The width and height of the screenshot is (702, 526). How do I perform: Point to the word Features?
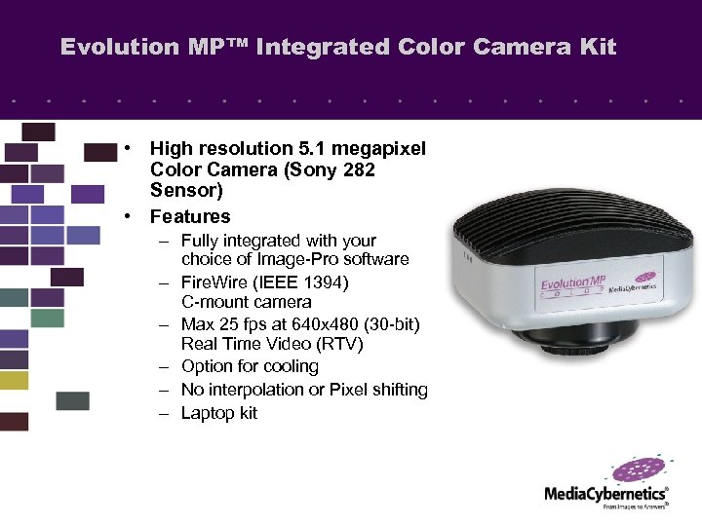(190, 216)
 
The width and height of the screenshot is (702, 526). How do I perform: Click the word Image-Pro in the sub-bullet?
(292, 259)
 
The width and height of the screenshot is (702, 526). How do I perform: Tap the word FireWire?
(215, 282)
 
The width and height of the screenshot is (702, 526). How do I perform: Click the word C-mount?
(214, 302)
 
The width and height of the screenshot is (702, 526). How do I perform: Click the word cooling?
(288, 366)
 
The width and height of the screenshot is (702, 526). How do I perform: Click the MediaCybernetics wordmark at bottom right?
(605, 494)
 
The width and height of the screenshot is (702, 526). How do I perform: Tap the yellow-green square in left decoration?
(14, 381)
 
